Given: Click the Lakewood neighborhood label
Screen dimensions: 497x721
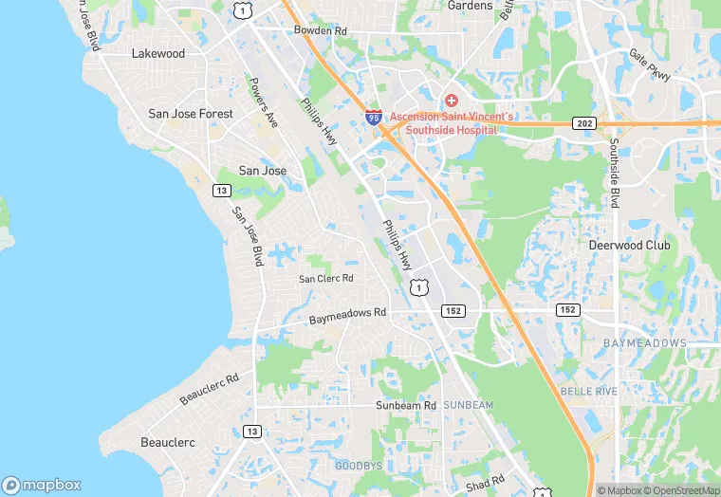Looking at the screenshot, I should tap(158, 54).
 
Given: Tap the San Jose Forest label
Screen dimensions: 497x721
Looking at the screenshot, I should tap(191, 114).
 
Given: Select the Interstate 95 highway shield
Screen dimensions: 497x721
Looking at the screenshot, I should tap(374, 118).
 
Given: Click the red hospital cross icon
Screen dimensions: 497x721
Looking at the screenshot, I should tap(453, 100).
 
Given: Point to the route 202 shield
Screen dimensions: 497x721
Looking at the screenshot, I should tap(583, 123).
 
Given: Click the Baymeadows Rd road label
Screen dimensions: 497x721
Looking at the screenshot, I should tap(347, 317).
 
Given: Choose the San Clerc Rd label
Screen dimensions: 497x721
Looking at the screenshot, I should tap(325, 279).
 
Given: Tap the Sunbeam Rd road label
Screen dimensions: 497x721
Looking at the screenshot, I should tap(405, 405).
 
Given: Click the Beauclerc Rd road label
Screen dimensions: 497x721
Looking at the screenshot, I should tap(209, 389).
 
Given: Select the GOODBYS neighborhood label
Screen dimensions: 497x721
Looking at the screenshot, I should tap(358, 466).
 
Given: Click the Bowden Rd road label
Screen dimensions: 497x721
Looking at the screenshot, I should tap(321, 31).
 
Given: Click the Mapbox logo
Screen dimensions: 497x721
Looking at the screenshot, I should tap(42, 484).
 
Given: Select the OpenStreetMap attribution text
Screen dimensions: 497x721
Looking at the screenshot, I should tap(680, 490).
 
